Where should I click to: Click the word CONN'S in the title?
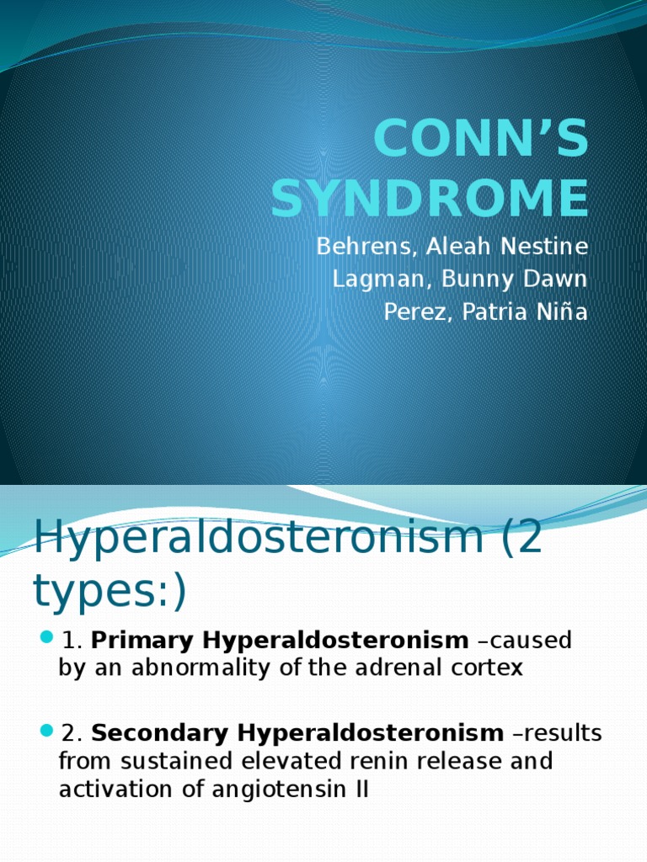pos(481,139)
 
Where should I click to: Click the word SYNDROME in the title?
pos(430,198)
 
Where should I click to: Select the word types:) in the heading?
pos(109,592)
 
